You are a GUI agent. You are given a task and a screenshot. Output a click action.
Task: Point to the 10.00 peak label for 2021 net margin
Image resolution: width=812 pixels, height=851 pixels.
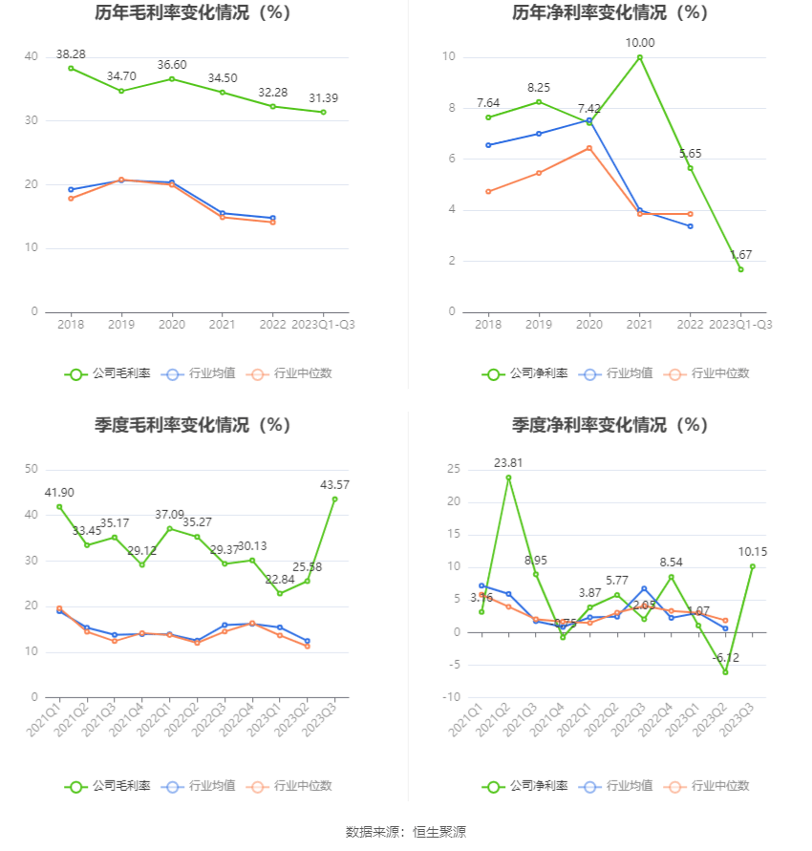pyautogui.click(x=640, y=43)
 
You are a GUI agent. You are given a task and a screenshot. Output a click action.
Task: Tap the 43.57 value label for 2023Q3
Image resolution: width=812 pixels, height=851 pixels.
pyautogui.click(x=335, y=485)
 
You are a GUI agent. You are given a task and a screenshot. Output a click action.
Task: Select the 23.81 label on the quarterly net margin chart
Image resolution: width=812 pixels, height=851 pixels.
pyautogui.click(x=508, y=463)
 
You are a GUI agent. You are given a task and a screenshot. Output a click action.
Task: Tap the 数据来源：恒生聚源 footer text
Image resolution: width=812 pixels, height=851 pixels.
pyautogui.click(x=406, y=832)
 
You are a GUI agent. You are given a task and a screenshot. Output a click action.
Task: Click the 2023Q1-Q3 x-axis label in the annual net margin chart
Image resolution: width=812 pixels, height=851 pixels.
pyautogui.click(x=741, y=325)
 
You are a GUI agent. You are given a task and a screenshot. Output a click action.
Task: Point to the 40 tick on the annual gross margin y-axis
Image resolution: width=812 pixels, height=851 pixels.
pyautogui.click(x=32, y=57)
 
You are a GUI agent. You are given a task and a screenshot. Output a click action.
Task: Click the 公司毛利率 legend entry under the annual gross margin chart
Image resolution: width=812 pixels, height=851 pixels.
pyautogui.click(x=108, y=373)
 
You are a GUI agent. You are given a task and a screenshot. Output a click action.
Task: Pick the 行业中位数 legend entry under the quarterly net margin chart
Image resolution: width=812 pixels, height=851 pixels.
pyautogui.click(x=711, y=786)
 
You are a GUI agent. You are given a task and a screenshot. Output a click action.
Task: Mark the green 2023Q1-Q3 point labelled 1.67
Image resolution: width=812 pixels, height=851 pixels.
pyautogui.click(x=740, y=269)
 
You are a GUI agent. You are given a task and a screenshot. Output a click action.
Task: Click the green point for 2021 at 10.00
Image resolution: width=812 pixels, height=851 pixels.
pyautogui.click(x=640, y=57)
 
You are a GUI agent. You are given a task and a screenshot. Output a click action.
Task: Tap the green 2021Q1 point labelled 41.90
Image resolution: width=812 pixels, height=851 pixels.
pyautogui.click(x=59, y=506)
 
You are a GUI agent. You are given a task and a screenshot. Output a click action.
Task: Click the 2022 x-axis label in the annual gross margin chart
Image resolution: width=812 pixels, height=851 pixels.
pyautogui.click(x=272, y=325)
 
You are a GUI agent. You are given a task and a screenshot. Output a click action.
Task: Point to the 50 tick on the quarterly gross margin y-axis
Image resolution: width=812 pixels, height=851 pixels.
pyautogui.click(x=32, y=469)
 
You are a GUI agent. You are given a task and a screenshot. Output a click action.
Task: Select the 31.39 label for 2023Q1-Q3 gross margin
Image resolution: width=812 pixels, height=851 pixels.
pyautogui.click(x=323, y=98)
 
